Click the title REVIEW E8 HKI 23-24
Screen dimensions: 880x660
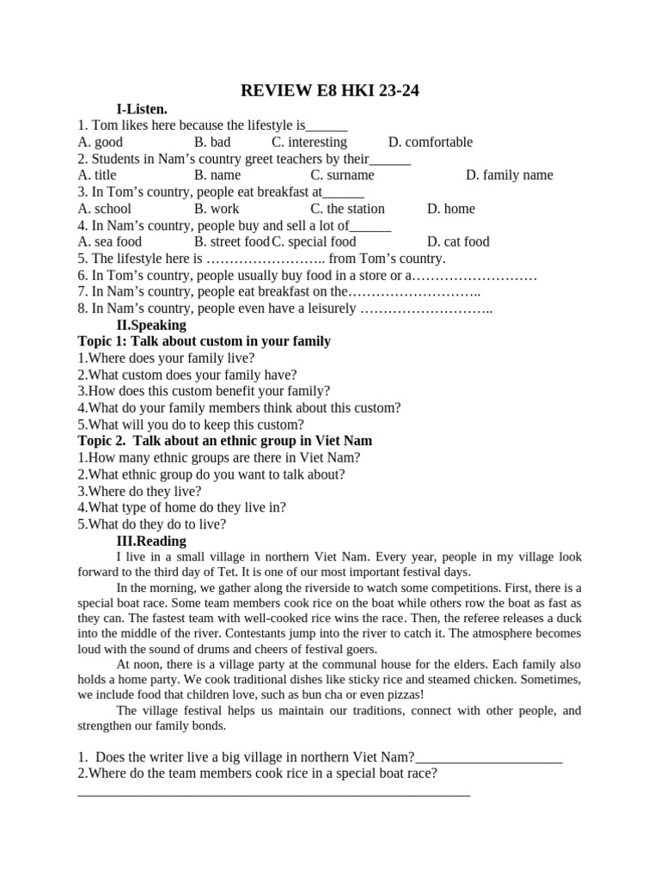point(329,91)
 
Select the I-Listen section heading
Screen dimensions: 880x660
point(142,109)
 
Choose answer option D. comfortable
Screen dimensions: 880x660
point(430,143)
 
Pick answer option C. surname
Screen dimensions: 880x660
point(342,175)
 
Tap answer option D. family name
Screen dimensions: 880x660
point(509,175)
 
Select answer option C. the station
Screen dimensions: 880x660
point(347,209)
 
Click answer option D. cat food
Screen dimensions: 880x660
point(457,241)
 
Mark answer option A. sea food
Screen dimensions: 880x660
point(109,241)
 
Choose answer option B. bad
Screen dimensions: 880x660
point(212,143)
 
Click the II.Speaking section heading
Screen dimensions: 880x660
point(150,325)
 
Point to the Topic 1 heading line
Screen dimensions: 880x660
point(204,341)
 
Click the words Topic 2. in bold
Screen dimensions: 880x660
point(103,441)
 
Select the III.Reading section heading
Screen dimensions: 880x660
point(150,541)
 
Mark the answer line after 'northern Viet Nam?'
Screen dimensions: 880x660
point(488,758)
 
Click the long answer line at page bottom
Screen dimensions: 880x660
point(273,793)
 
